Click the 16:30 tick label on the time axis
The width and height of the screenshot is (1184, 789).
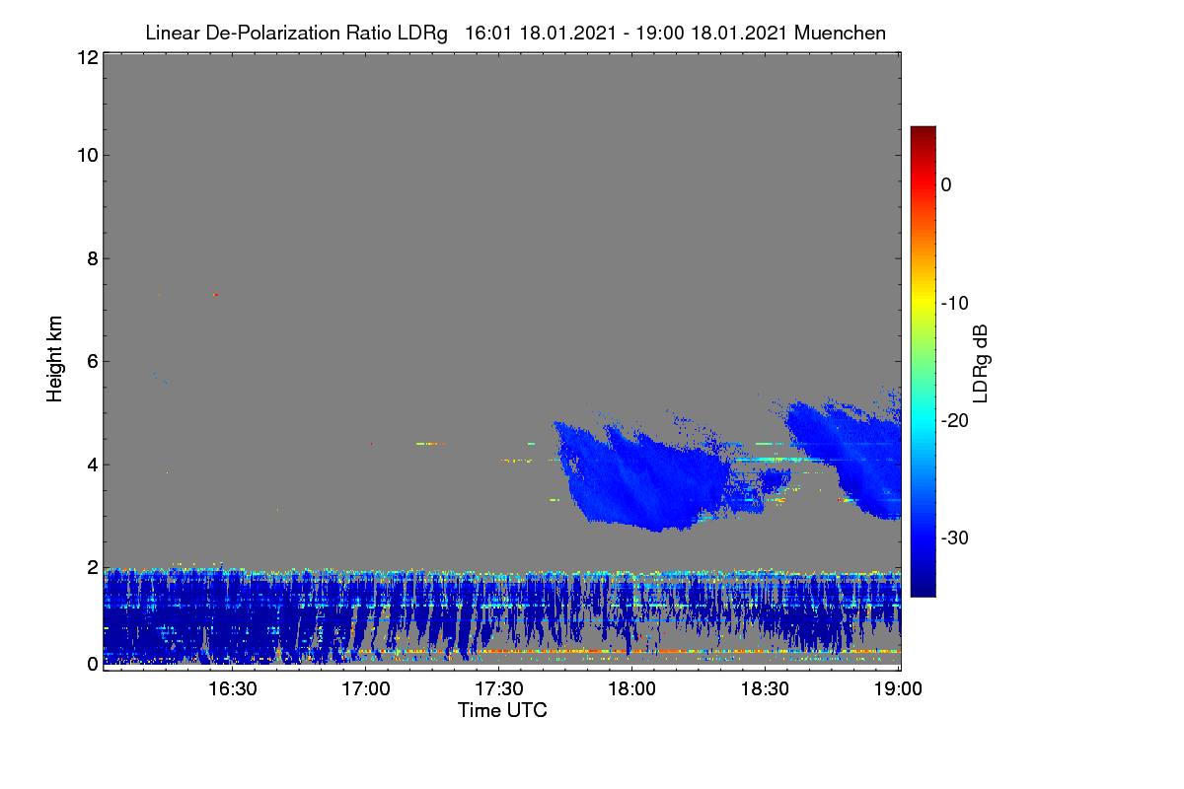click(232, 689)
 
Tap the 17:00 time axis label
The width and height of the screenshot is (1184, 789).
click(365, 689)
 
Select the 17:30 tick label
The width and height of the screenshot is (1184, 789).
click(498, 689)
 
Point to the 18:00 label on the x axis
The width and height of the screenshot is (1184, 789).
click(631, 689)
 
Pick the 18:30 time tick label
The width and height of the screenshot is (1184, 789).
click(765, 689)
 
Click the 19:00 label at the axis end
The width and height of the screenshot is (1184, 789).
click(898, 689)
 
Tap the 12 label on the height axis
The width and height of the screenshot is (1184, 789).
click(88, 57)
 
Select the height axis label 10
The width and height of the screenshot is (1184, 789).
click(88, 156)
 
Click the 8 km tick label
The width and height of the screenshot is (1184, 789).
click(93, 258)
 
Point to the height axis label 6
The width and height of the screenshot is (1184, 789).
click(93, 362)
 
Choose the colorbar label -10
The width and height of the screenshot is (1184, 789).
click(955, 304)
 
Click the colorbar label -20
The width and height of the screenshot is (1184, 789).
click(955, 421)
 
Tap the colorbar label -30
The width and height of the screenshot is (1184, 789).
click(955, 538)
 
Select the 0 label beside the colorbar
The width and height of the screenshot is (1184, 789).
click(946, 185)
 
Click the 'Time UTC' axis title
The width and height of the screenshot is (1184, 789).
click(502, 710)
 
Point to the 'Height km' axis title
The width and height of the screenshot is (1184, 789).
click(54, 359)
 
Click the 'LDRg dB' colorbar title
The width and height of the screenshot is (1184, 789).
click(981, 364)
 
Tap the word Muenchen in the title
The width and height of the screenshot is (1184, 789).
click(840, 33)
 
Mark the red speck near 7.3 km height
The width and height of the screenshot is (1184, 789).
click(216, 295)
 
